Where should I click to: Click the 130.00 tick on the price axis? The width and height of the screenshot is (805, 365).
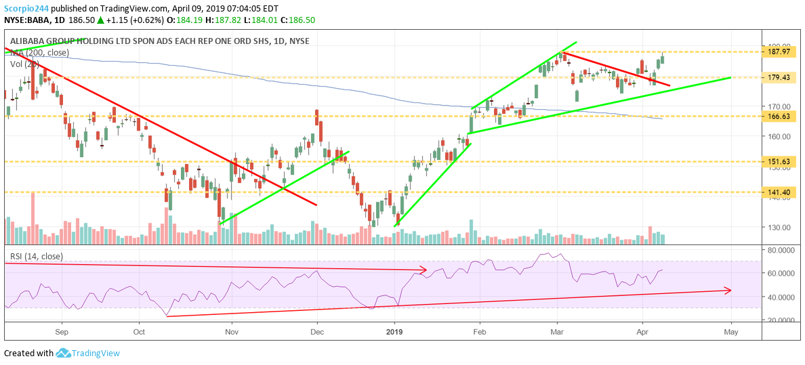tap(779, 228)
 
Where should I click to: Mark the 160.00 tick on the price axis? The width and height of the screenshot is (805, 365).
tap(779, 136)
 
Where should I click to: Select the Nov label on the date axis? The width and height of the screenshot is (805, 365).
tap(232, 332)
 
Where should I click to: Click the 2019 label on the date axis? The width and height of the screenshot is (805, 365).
tap(394, 332)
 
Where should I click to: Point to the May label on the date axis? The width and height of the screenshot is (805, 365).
tap(730, 332)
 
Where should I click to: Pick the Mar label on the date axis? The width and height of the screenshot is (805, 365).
tap(558, 332)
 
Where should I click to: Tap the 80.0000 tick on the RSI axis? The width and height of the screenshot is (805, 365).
tap(781, 250)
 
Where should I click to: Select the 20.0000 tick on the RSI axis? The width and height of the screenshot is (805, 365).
tap(781, 320)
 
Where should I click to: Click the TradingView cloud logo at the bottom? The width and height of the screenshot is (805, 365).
tap(64, 353)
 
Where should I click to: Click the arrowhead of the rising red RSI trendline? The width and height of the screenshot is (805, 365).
tap(728, 291)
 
